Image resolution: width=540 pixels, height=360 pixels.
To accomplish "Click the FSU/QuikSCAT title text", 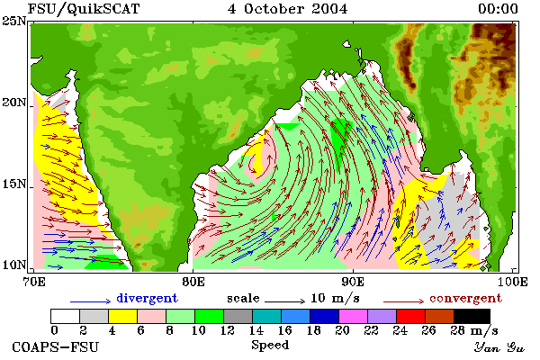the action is (84, 9).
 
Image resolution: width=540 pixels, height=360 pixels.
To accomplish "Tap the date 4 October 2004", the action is (287, 9).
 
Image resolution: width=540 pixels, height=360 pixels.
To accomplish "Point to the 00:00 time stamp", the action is (498, 9).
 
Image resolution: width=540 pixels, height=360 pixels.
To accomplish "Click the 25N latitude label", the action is (14, 22).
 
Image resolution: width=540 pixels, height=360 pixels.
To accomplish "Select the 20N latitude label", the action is (14, 103).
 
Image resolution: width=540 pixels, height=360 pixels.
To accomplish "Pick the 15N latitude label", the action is (14, 184).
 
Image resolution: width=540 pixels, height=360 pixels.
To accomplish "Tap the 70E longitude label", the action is (34, 282).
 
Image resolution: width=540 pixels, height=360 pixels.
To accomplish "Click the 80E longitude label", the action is (193, 282).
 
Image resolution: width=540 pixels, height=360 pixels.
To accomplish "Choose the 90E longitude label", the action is (353, 282).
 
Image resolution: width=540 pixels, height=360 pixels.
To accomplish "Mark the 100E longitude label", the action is (513, 282).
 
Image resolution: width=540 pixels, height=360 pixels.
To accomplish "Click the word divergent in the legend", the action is (147, 298).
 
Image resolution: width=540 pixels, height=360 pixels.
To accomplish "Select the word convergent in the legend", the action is (465, 298).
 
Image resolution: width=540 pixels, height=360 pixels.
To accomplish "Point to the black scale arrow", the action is (284, 301).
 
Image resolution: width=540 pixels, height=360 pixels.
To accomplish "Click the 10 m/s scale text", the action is (335, 298).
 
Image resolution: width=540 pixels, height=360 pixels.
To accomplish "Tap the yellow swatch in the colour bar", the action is (123, 316).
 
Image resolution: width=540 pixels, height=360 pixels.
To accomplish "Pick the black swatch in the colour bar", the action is (472, 316).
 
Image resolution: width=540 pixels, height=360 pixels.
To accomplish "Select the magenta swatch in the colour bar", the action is (353, 316).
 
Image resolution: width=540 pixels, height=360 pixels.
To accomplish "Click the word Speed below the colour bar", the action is (270, 346).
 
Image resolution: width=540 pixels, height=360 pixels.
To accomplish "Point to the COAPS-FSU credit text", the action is (55, 346).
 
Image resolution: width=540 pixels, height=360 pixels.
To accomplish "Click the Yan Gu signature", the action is (499, 347).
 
